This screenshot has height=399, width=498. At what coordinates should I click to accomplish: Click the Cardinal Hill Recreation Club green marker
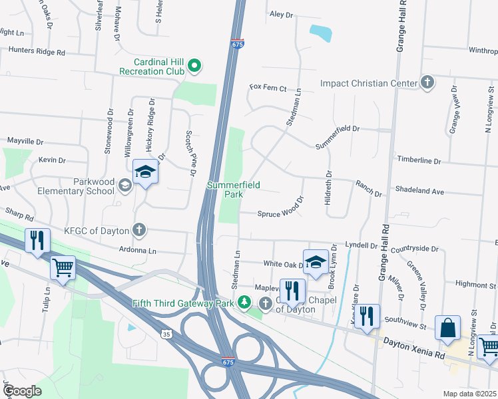(194, 65)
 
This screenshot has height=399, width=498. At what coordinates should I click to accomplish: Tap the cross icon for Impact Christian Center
(427, 83)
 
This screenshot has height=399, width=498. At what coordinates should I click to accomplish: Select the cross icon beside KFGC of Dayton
(139, 231)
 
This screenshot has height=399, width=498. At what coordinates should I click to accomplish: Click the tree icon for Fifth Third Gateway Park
(244, 304)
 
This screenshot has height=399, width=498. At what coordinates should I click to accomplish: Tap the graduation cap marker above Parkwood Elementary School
(145, 173)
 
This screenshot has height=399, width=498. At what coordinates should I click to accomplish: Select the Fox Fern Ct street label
(268, 88)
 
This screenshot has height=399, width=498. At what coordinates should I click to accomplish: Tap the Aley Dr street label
(281, 14)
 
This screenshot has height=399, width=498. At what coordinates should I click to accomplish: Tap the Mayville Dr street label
(25, 142)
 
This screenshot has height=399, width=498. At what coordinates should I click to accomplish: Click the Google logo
(21, 390)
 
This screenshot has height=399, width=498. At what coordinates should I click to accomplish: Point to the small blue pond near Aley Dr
(321, 33)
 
